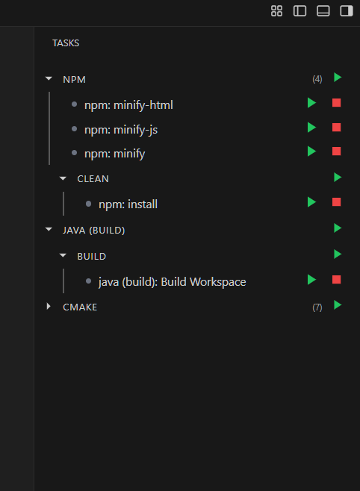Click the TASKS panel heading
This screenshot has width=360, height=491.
[x=66, y=43]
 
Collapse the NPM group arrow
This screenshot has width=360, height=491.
[x=49, y=78]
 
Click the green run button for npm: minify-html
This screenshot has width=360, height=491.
[x=311, y=103]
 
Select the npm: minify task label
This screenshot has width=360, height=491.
[x=114, y=154]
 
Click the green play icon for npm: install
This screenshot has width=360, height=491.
[x=311, y=202]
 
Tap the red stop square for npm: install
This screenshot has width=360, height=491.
[x=336, y=202]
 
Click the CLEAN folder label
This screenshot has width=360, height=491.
[x=93, y=179]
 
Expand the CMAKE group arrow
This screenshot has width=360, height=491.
[x=49, y=307]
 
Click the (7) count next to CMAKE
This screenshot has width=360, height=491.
[x=317, y=307]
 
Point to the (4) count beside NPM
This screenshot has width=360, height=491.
[x=317, y=78]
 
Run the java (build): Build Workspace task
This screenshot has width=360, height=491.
[x=311, y=280]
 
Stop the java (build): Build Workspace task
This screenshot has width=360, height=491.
[x=336, y=280]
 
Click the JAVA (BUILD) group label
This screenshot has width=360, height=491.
[x=93, y=230]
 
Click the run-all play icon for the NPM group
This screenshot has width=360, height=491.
[x=338, y=77]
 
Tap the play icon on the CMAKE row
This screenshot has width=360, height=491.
[x=338, y=305]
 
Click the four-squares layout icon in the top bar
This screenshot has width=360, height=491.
[x=276, y=10]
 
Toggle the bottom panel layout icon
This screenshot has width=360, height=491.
[x=323, y=10]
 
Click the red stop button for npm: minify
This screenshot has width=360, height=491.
[x=336, y=151]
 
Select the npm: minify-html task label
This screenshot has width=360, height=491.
[x=128, y=104]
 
